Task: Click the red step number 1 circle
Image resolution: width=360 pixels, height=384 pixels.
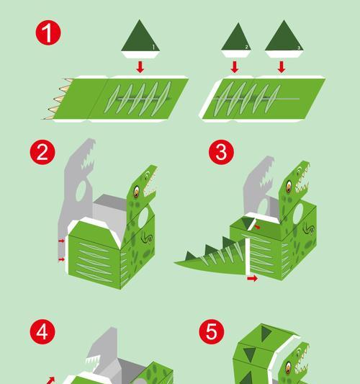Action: click(48, 33)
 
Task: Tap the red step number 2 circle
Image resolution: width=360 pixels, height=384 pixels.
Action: click(42, 152)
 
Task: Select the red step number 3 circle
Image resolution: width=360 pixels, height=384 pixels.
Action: click(221, 152)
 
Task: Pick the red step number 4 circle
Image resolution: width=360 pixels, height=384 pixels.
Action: click(42, 332)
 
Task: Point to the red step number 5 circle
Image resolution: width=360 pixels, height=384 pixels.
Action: click(212, 332)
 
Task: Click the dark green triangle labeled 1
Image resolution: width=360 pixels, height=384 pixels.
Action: click(140, 37)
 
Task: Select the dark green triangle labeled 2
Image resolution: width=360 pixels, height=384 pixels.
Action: click(237, 37)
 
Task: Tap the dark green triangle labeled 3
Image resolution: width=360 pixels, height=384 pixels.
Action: click(284, 37)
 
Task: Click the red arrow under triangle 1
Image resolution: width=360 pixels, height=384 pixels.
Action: click(140, 67)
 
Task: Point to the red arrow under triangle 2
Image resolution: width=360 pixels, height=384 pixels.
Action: click(235, 67)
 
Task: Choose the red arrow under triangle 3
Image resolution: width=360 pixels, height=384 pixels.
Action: click(282, 67)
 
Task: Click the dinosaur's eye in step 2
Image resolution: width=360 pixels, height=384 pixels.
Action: click(136, 191)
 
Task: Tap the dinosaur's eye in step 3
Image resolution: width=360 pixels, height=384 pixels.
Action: click(289, 187)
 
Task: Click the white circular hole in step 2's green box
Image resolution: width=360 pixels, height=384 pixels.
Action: click(143, 218)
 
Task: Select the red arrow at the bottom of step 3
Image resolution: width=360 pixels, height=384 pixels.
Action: click(252, 278)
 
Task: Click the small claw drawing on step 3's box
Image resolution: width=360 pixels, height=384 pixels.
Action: click(309, 228)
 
